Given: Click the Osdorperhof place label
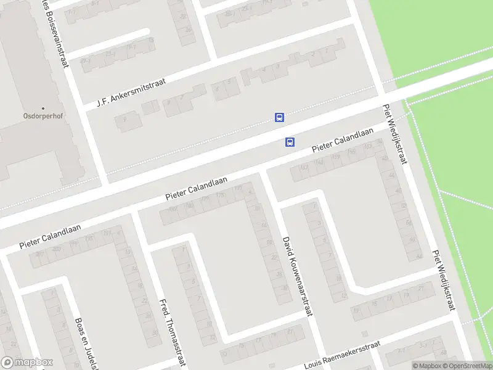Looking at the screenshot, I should [x=43, y=115].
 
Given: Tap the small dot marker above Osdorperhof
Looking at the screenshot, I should [x=43, y=107].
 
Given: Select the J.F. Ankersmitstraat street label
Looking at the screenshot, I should [x=132, y=92].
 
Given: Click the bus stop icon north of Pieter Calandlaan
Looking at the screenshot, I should [x=279, y=117].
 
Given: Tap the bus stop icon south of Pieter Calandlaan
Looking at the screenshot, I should [x=290, y=142].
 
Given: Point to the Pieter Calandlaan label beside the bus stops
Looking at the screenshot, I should [x=343, y=141].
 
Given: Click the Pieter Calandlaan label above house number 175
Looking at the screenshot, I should [x=197, y=188].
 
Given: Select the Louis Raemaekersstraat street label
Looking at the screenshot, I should [x=342, y=355].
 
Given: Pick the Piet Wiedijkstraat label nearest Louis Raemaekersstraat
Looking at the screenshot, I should [x=442, y=280].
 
